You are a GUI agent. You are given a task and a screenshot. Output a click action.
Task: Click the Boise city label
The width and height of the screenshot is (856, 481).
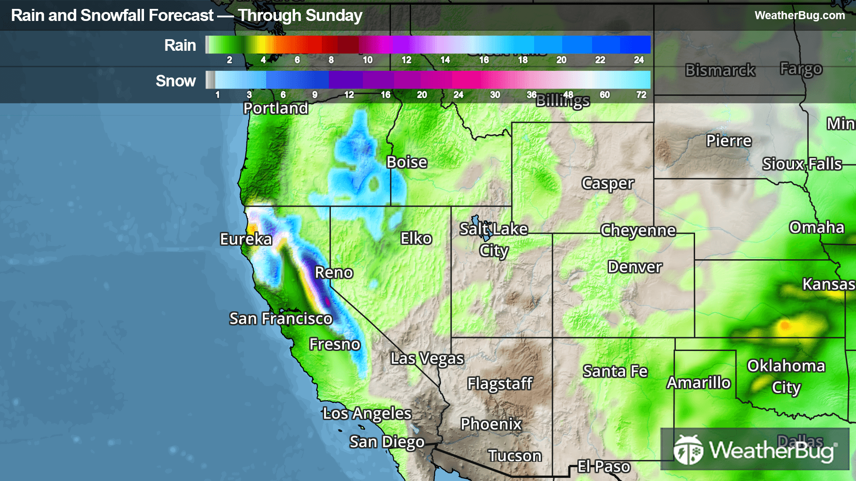407,163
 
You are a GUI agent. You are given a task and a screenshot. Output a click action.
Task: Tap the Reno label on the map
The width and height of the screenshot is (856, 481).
334,273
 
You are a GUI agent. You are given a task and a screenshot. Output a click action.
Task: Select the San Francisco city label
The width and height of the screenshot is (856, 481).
280,319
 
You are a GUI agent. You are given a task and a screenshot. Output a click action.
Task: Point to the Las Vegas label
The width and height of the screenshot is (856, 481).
427,359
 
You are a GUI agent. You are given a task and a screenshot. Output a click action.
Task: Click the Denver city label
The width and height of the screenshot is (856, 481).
635,267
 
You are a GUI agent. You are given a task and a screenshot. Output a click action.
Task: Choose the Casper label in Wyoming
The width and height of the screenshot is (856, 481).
608,183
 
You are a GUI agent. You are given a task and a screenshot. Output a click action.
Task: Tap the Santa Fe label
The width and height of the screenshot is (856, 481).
615,371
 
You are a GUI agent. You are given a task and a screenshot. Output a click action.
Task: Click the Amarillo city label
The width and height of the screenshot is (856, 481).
699,383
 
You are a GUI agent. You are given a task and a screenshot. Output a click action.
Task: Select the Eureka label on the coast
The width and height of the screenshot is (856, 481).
246,240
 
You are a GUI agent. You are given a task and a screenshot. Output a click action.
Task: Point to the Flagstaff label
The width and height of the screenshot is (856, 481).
500,383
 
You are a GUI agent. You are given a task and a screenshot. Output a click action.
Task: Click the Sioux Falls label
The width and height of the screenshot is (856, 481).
802,164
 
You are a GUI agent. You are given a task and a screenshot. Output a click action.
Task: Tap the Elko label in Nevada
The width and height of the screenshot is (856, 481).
416,239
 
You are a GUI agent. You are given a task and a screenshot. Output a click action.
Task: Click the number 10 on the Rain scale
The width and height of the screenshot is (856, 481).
367,60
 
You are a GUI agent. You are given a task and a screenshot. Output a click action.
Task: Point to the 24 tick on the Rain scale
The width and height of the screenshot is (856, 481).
639,60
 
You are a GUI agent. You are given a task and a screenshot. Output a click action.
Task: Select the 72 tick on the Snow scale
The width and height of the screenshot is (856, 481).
641,95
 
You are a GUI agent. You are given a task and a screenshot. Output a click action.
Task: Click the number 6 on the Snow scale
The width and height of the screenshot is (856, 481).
283,95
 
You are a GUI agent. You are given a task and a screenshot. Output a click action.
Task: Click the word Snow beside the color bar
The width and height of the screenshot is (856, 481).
176,81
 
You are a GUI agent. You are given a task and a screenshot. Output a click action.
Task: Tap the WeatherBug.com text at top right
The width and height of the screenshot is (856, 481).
799,16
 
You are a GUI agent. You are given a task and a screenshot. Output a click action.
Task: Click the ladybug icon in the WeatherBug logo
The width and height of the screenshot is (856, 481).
688,450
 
